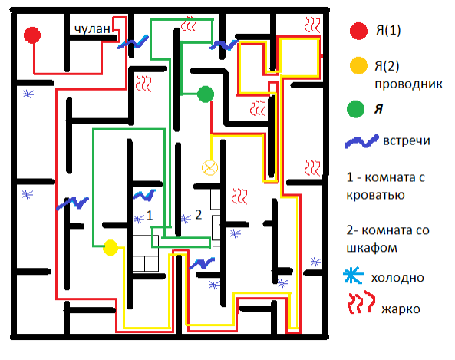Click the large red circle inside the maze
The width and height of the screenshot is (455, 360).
point(32,35)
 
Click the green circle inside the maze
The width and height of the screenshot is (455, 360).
point(206,94)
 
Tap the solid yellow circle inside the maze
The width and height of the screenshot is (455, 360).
point(110,248)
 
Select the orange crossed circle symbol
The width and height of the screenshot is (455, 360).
point(209,168)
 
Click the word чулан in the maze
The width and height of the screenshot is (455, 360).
point(92,28)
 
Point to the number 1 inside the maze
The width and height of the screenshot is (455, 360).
point(150,216)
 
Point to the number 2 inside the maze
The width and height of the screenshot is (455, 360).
point(199,215)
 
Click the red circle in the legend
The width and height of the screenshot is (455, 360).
point(358,31)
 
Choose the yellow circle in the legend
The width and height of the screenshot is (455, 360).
point(358,65)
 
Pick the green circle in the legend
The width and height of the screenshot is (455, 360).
point(355,109)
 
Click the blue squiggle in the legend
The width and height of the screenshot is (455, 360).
point(361,141)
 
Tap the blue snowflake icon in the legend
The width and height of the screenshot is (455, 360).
point(354,276)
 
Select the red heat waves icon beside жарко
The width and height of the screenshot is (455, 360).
point(361,302)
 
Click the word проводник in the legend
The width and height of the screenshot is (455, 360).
point(408,84)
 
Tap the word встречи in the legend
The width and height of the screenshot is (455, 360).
point(407,140)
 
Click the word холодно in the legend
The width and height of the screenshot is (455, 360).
point(397,278)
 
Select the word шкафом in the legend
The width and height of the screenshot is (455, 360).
point(371,249)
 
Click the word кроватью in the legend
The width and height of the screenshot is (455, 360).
point(375,196)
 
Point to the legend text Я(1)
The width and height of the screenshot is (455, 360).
point(388,30)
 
